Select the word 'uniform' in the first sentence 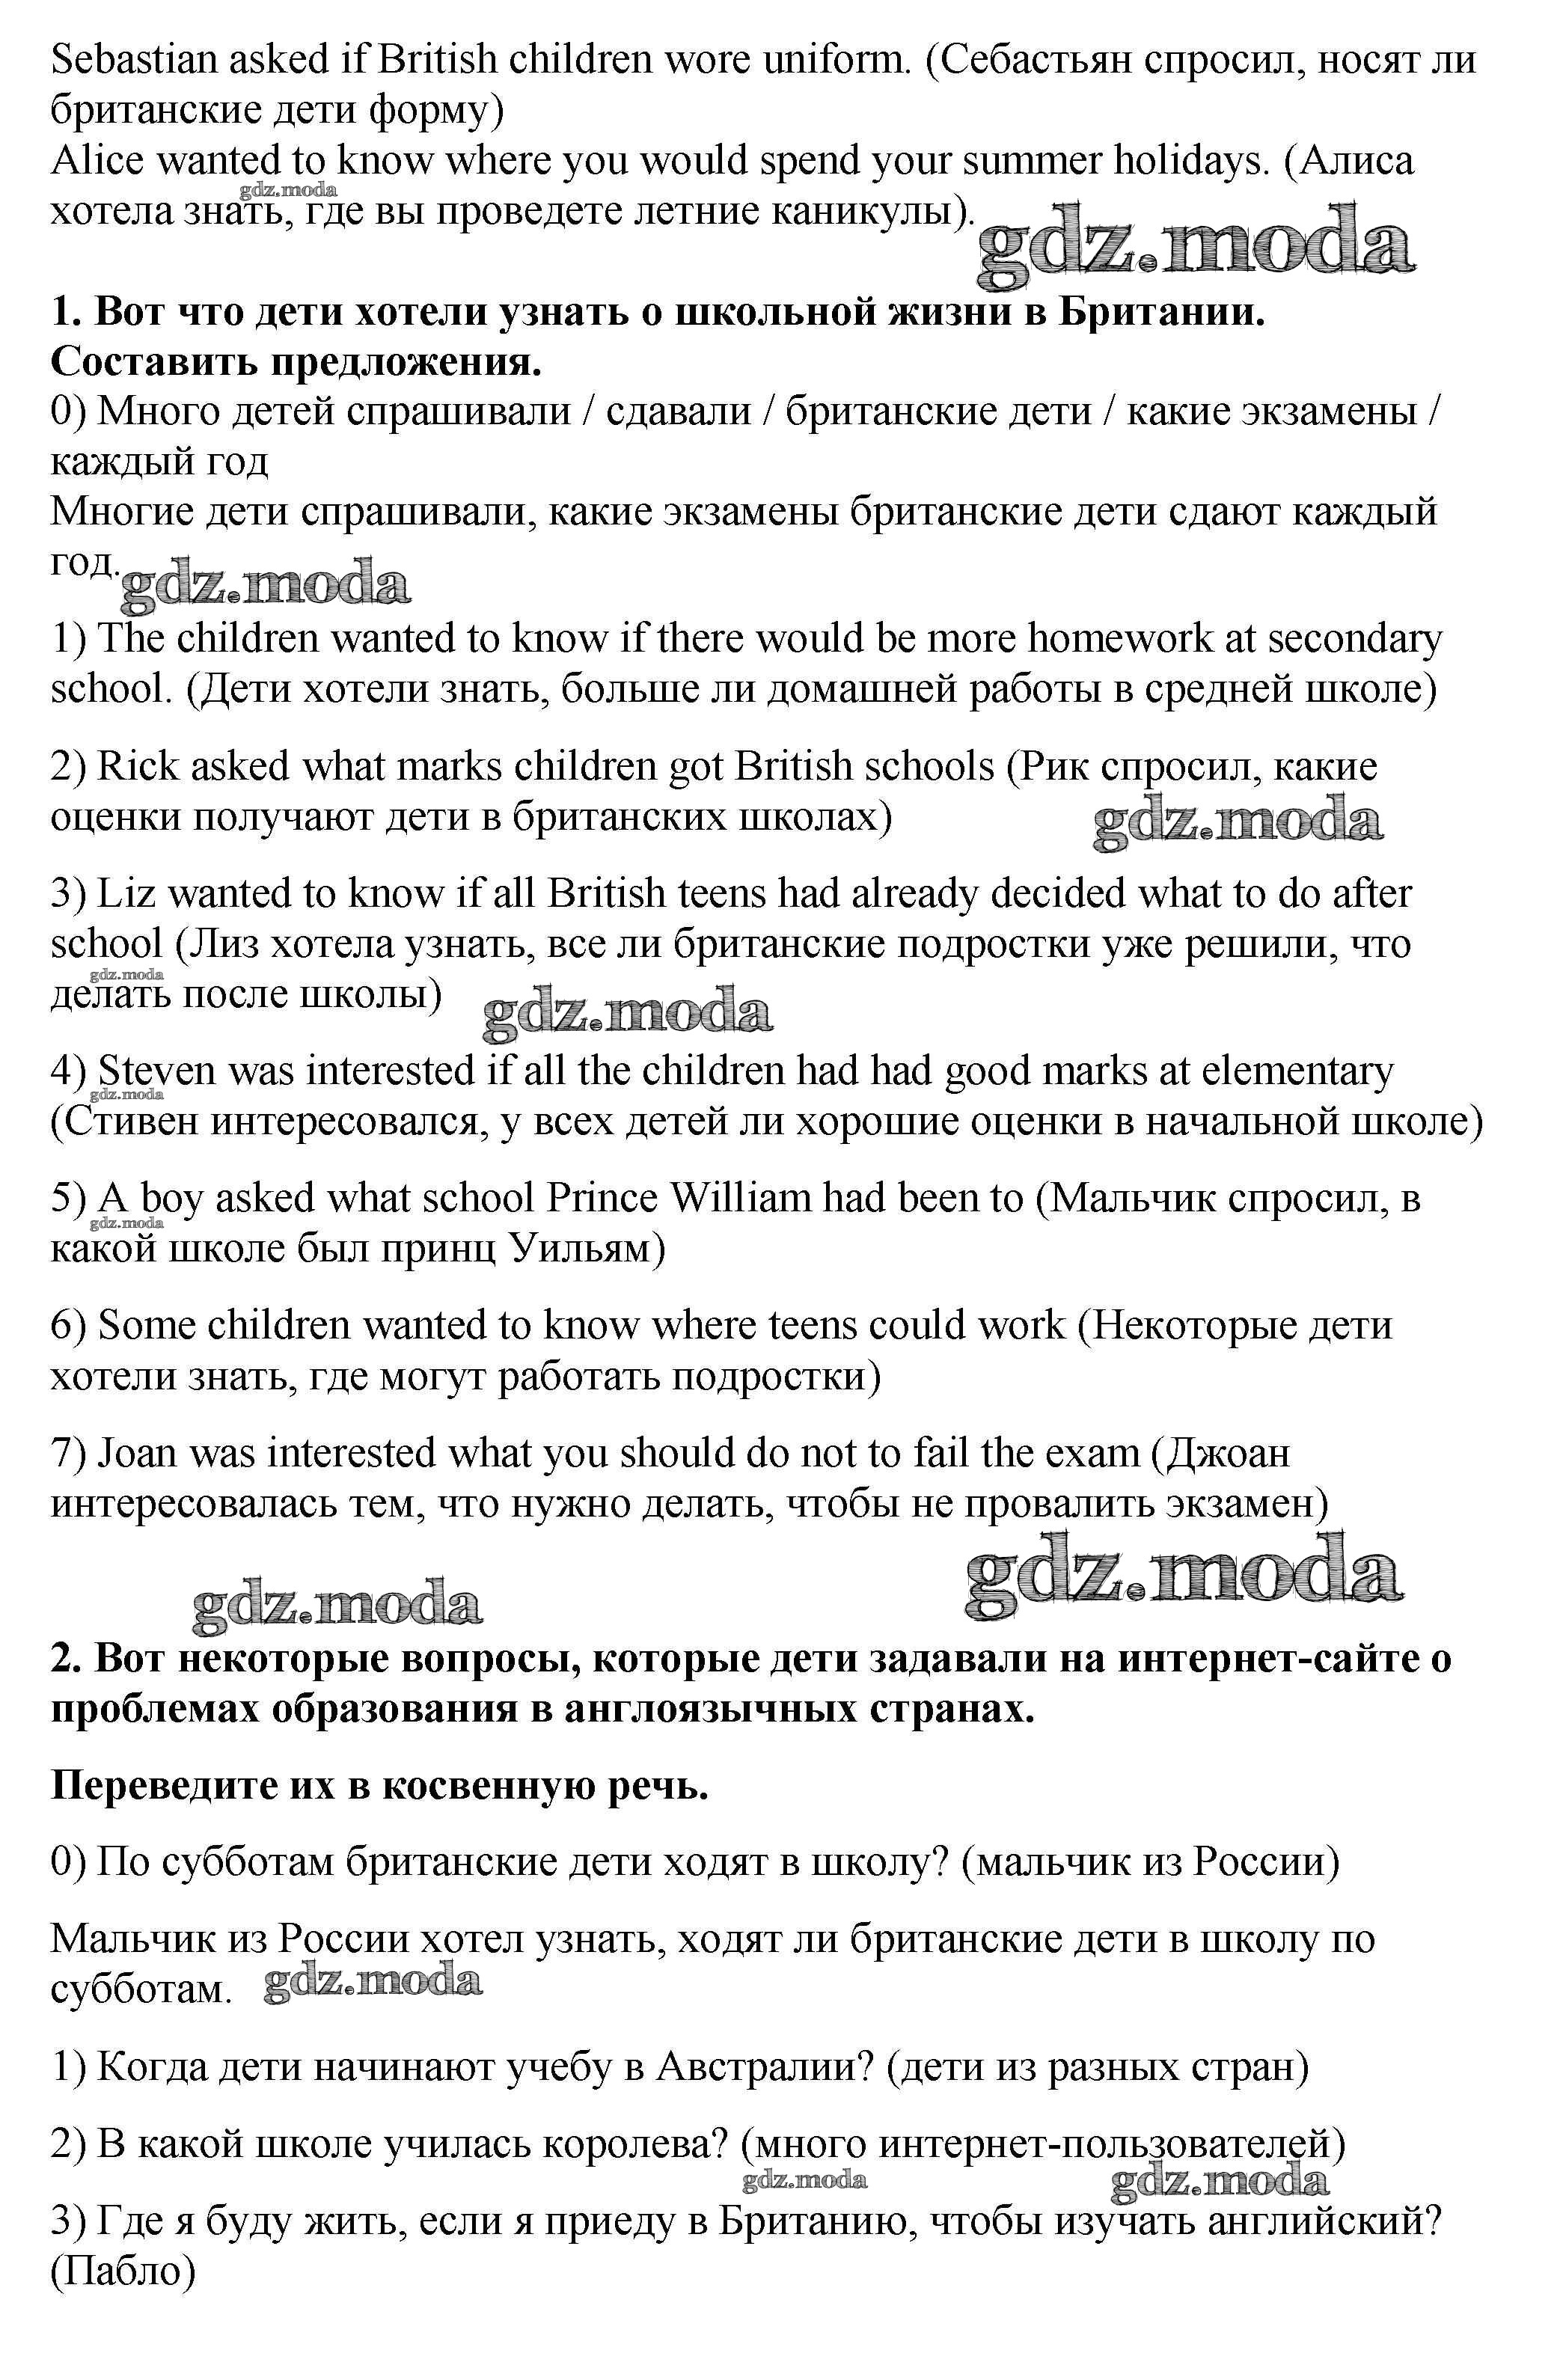[x=837, y=60]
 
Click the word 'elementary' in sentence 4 [x=1297, y=1071]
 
